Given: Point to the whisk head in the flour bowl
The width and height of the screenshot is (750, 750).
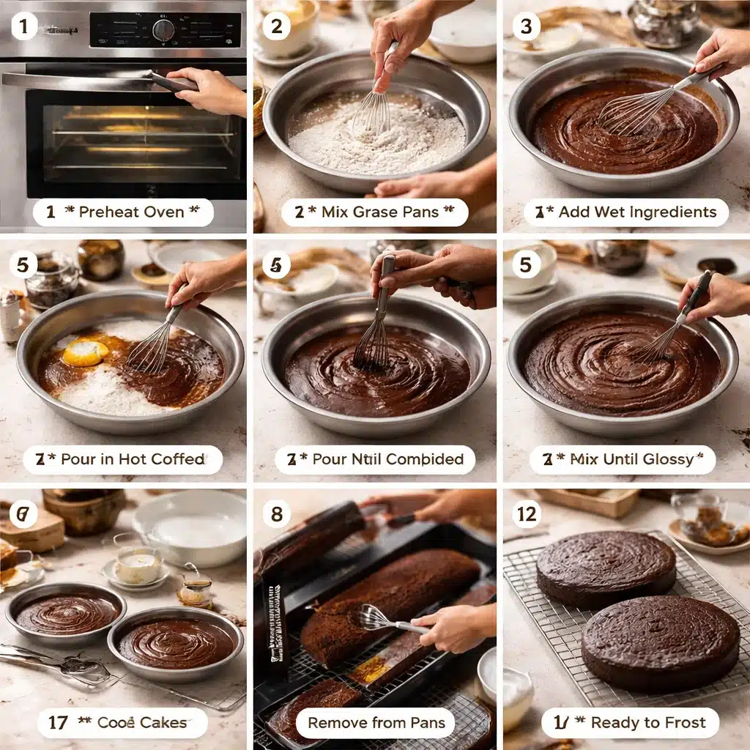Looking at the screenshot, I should point(372,113).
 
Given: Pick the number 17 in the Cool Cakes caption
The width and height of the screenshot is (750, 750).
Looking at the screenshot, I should point(58,723).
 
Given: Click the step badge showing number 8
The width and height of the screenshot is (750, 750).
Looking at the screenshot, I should point(276,514).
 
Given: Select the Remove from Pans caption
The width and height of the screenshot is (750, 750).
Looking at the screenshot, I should point(376,723).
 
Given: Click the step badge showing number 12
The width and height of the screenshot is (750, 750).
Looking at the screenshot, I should point(527,514).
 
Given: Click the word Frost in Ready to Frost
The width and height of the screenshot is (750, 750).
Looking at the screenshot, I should point(685,723).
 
